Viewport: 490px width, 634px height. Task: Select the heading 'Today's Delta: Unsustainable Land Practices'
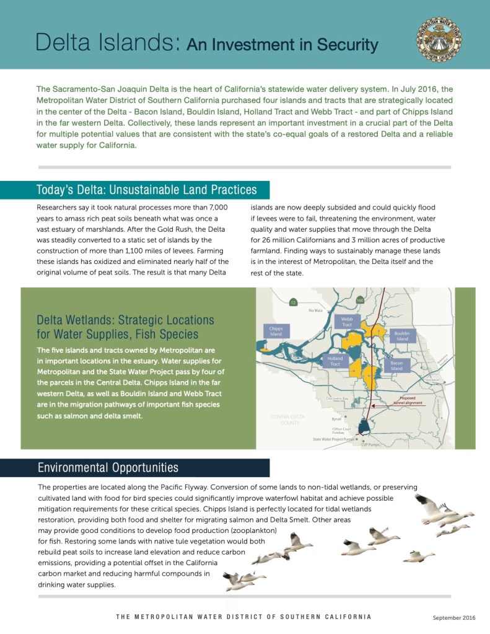pos(146,190)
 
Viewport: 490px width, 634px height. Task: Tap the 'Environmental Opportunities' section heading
pos(108,467)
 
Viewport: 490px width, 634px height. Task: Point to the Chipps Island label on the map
pos(276,331)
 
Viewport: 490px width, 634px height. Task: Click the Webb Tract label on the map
pos(347,321)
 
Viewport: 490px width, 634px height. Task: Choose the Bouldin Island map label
pos(402,336)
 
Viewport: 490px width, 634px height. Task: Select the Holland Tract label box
pos(335,361)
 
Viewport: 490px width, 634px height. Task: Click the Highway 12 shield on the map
pos(292,302)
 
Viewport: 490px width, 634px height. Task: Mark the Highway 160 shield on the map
pos(360,301)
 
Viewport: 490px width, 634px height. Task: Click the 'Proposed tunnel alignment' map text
pos(407,400)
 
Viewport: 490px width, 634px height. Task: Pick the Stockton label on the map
pos(432,379)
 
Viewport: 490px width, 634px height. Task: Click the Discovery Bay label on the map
pos(337,398)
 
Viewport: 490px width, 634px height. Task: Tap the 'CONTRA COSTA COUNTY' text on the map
pos(286,419)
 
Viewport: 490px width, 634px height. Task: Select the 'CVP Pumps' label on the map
pos(370,444)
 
